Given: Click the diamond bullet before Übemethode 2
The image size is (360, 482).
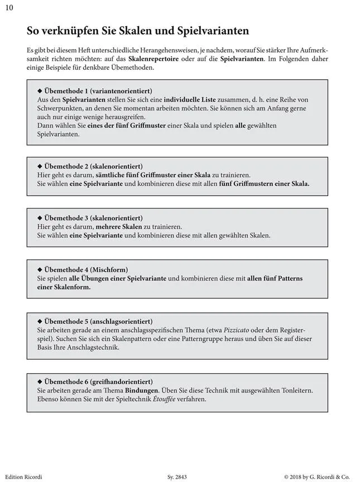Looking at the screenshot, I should [x=39, y=166].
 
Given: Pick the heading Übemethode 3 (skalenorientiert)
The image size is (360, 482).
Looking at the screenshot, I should [x=93, y=218].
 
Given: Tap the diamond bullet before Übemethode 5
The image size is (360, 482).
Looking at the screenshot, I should [x=39, y=321].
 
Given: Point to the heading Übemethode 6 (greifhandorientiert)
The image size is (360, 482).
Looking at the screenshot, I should [x=98, y=382].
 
